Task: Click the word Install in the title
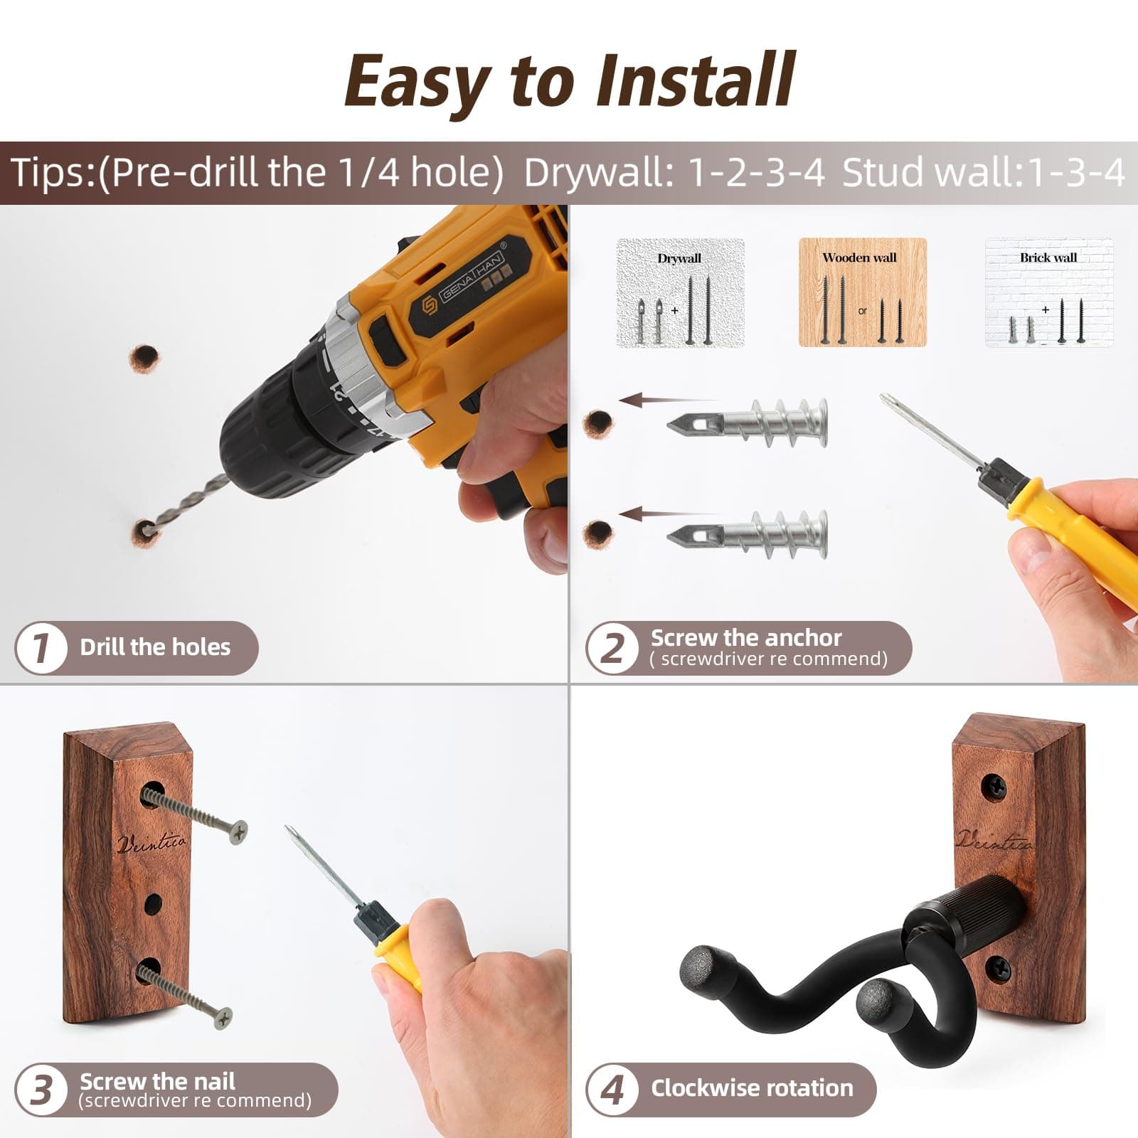pyautogui.click(x=695, y=80)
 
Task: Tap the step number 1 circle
pyautogui.click(x=41, y=647)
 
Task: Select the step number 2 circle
pyautogui.click(x=612, y=648)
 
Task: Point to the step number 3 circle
pyautogui.click(x=41, y=1089)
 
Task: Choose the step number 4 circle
pyautogui.click(x=612, y=1089)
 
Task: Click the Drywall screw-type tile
pyautogui.click(x=680, y=293)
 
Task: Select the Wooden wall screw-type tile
pyautogui.click(x=862, y=292)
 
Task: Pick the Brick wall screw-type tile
pyautogui.click(x=1048, y=292)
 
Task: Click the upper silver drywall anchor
pyautogui.click(x=747, y=423)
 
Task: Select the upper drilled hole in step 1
pyautogui.click(x=144, y=359)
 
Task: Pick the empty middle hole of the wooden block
pyautogui.click(x=153, y=905)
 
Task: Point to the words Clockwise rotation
pyautogui.click(x=752, y=1088)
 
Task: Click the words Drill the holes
pyautogui.click(x=155, y=647)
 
